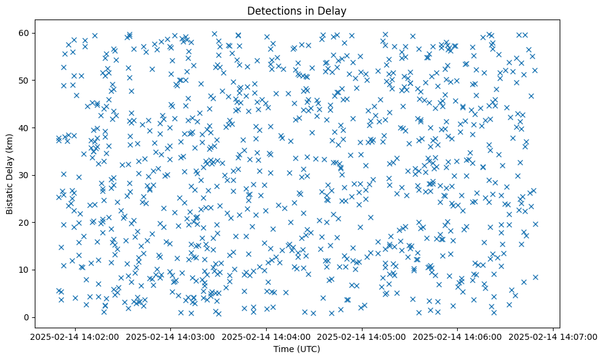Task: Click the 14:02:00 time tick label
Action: tap(75, 337)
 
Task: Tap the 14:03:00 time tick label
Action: tap(171, 337)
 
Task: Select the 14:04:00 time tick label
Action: tap(266, 337)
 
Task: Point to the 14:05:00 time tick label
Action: tap(362, 337)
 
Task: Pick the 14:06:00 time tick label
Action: tap(458, 337)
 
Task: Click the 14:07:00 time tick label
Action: tap(553, 337)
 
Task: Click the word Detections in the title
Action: tap(269, 10)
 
